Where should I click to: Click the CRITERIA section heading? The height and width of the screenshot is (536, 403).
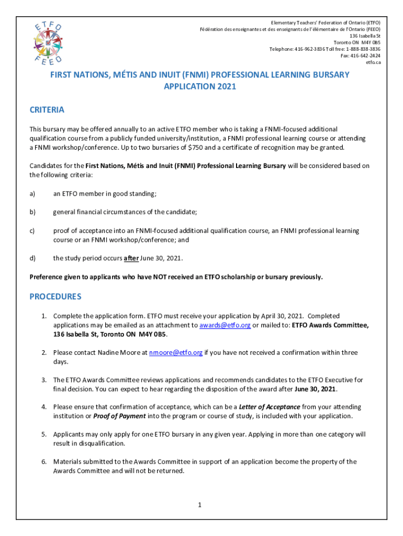pos(47,110)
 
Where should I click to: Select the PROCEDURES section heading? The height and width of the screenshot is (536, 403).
pos(55,296)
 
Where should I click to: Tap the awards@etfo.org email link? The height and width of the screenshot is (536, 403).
pos(225,325)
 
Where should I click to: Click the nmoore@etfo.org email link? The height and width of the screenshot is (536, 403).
pos(176,352)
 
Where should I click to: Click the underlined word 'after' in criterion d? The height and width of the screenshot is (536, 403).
pos(131,259)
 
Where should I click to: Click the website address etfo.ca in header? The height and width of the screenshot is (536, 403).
pos(373,62)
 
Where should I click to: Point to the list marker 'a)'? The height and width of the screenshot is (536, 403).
pos(32,194)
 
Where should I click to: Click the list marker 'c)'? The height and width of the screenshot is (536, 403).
pos(32,231)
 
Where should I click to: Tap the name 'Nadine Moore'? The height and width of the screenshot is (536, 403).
pos(116,352)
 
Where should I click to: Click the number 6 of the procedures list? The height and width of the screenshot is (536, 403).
pos(44,462)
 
